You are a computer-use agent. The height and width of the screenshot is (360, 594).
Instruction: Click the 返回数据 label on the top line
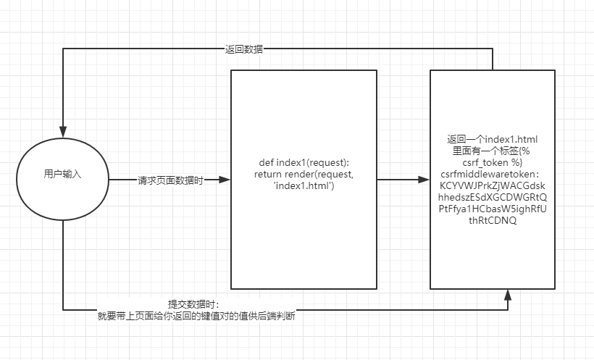point(244,49)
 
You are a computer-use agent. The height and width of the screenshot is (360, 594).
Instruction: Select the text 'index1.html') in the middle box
point(304,186)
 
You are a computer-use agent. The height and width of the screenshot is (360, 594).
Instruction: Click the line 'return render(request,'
point(303,175)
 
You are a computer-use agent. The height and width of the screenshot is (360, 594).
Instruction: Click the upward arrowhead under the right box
point(509,293)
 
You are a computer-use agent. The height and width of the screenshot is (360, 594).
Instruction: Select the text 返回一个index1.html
point(492,139)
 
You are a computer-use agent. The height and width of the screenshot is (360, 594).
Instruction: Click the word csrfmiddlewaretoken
point(492,174)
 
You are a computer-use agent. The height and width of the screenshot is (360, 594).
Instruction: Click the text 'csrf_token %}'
point(493,162)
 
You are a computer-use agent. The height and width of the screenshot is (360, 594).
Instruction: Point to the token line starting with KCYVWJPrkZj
point(492,185)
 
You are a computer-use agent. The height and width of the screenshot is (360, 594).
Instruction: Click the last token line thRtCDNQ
point(493,220)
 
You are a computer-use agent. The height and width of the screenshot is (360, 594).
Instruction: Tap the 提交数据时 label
point(193,304)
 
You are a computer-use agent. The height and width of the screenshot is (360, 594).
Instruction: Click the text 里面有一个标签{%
point(492,151)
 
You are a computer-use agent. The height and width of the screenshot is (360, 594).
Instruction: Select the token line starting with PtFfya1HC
point(493,209)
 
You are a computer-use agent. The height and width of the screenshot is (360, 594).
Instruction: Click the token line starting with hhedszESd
point(493,197)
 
